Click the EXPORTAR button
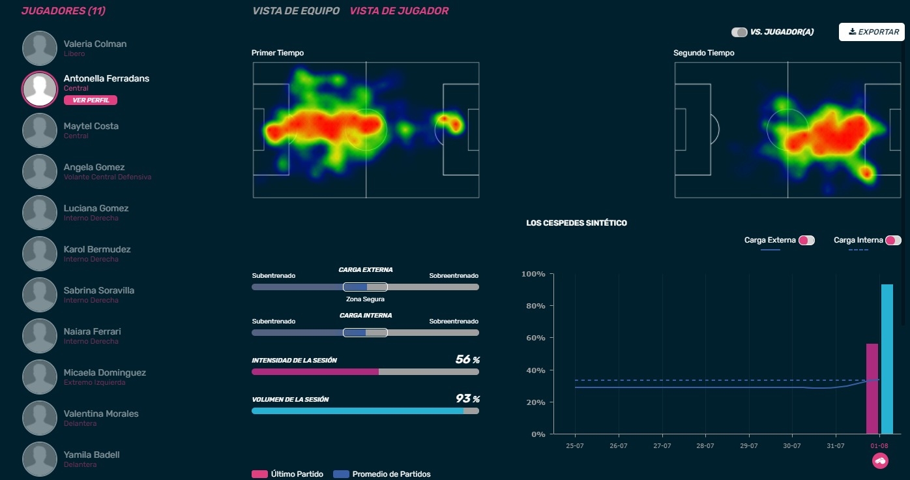point(871,32)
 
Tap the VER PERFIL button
point(91,100)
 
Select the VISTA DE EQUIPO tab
point(296,11)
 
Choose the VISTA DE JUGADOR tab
point(399,11)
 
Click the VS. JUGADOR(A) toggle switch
point(739,32)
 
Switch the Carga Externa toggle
point(806,241)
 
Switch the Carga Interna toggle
point(893,241)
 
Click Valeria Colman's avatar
point(40,48)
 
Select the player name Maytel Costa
point(91,126)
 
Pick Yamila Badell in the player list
point(91,455)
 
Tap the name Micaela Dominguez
point(104,372)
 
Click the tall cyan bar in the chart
point(887,359)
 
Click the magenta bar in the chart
point(872,389)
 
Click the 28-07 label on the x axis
point(705,446)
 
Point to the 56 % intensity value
point(467,360)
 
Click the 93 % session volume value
point(467,399)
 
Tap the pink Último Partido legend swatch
point(259,474)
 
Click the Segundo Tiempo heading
point(703,53)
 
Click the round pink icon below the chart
point(880,461)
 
